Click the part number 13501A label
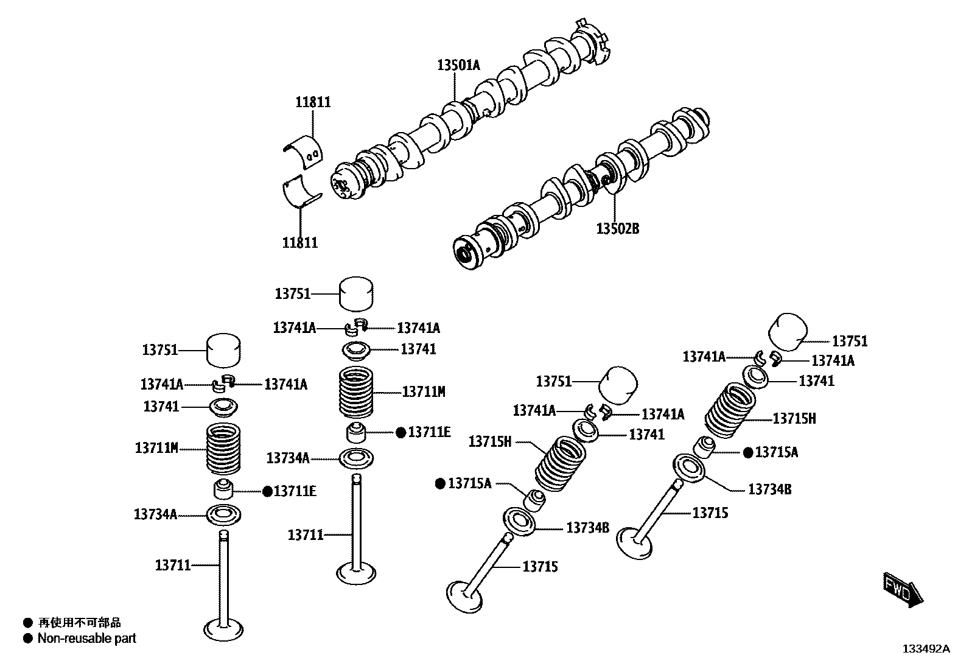458,65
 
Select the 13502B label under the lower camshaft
617,229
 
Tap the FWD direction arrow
902,590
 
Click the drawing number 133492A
925,649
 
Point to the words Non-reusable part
86,639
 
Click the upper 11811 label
313,102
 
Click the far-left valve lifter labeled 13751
223,351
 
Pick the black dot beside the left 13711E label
267,491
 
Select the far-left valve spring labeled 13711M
223,449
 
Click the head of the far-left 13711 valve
223,629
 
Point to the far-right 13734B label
769,489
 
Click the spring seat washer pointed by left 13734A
223,515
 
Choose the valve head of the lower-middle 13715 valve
465,595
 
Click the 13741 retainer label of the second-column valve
418,349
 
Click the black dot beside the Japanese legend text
27,623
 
